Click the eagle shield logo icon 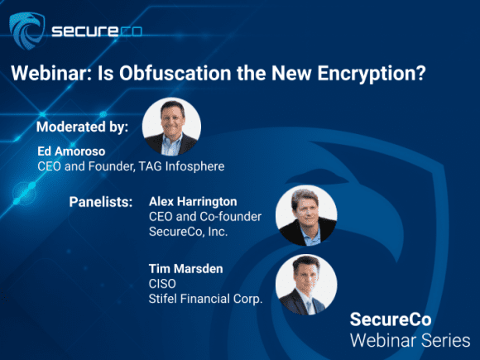click(27, 31)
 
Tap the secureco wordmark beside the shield click(97, 31)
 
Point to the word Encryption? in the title click(372, 74)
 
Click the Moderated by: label click(82, 127)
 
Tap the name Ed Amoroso click(71, 151)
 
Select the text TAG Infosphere click(181, 166)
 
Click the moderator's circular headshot click(171, 127)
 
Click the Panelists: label click(101, 202)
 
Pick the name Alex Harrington click(193, 202)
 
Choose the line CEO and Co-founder click(205, 217)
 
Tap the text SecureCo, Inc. click(188, 232)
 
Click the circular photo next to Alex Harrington click(306, 215)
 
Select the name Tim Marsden click(186, 269)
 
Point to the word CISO click(162, 284)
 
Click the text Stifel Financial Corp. click(206, 299)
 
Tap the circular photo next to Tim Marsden click(306, 285)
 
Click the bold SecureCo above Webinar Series click(391, 319)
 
